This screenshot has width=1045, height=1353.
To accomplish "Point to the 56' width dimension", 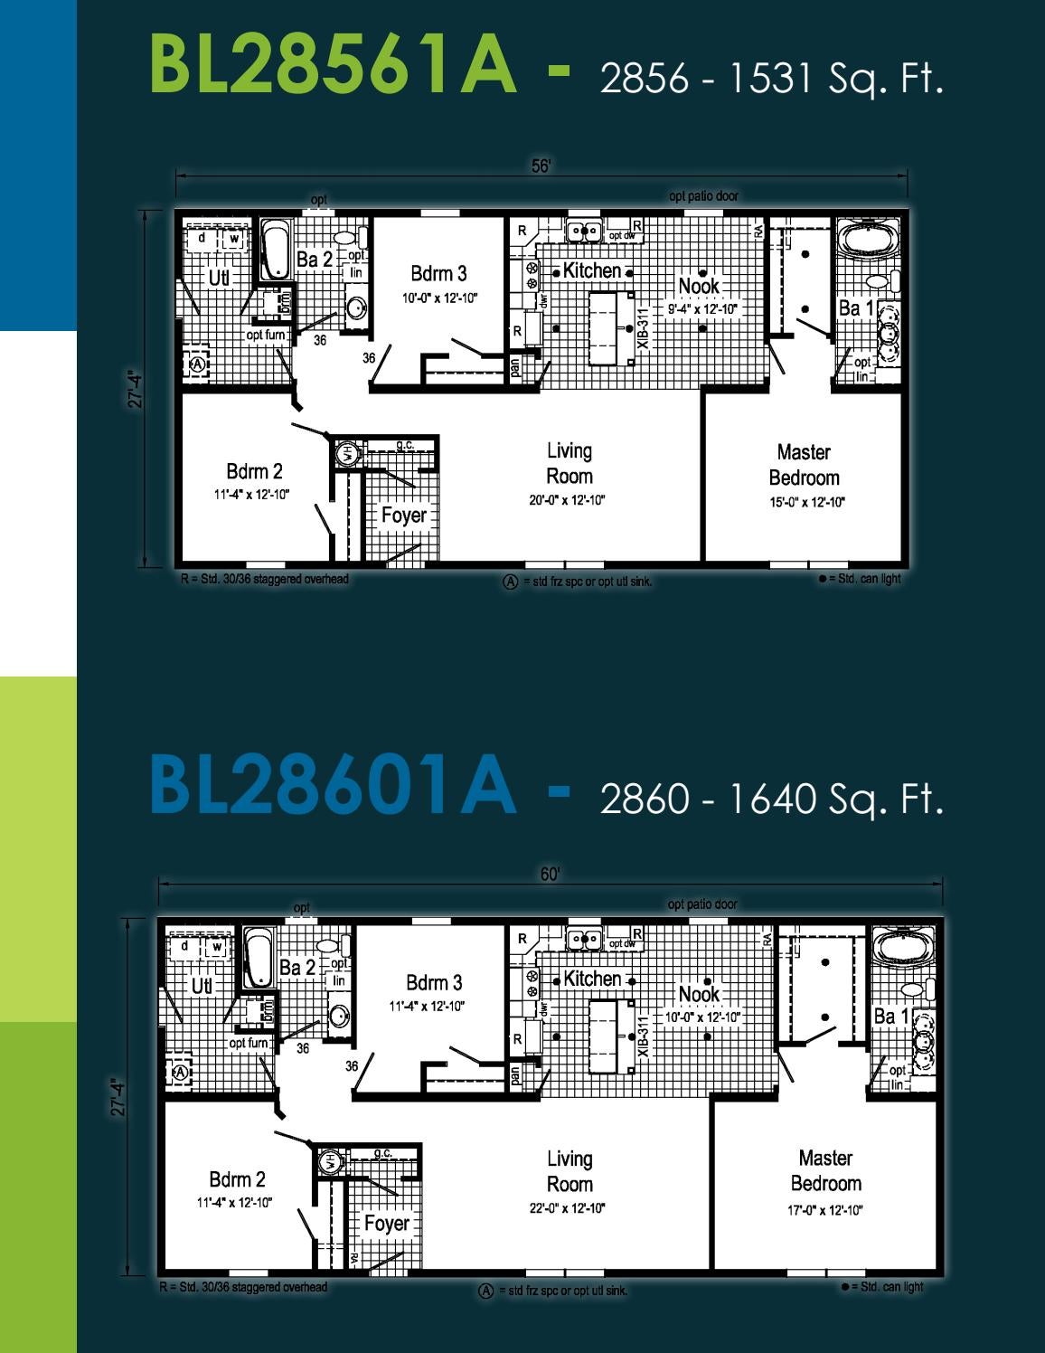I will (x=541, y=166).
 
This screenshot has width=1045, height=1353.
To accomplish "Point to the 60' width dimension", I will (x=551, y=875).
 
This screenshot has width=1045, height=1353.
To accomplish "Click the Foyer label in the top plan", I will (x=403, y=516).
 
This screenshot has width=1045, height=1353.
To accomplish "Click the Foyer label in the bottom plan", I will (x=386, y=1224).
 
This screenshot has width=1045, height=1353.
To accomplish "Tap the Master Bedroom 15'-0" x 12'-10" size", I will (x=806, y=503).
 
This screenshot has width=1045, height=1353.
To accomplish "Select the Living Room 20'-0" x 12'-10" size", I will (x=567, y=500).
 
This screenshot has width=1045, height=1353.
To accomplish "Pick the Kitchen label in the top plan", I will (x=592, y=270).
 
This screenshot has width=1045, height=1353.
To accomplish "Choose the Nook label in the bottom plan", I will (x=699, y=994).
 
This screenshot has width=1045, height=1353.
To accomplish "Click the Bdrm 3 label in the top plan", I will (x=438, y=273).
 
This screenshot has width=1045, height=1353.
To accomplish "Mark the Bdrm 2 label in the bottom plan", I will (x=237, y=1179).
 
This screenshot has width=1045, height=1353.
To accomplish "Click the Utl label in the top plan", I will (x=219, y=279).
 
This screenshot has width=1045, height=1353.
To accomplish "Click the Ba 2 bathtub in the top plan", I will (x=276, y=251).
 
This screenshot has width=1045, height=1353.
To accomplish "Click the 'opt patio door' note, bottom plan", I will (x=702, y=904).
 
